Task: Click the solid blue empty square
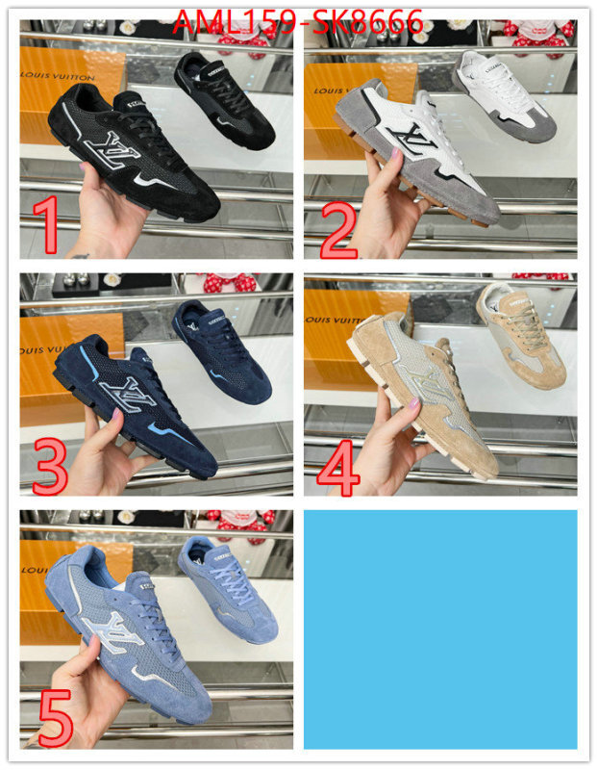tap(439, 629)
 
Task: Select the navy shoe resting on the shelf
tap(222, 347)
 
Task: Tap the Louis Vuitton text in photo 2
tap(339, 91)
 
